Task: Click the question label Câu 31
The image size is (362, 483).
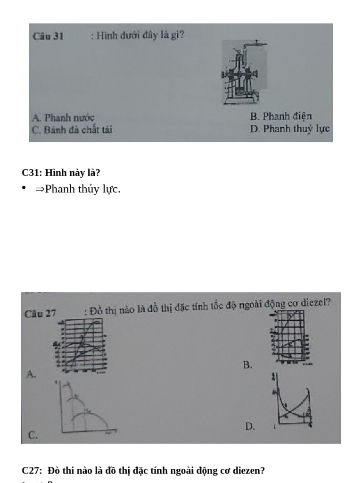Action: (48, 36)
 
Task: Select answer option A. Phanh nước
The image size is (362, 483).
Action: (64, 118)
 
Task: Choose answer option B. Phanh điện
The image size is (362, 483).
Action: (281, 116)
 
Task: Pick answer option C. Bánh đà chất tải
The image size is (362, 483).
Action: (72, 130)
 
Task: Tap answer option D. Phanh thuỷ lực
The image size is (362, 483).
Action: (290, 128)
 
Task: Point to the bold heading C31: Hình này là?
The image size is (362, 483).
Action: (61, 173)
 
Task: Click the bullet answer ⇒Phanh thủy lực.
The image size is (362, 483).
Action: (78, 189)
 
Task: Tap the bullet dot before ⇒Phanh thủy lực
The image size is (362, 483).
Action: (24, 189)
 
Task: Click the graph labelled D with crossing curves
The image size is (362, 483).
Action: (292, 401)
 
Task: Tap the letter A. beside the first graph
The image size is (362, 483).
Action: (31, 374)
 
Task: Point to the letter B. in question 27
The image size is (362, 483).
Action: (248, 365)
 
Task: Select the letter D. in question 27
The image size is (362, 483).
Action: (250, 426)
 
